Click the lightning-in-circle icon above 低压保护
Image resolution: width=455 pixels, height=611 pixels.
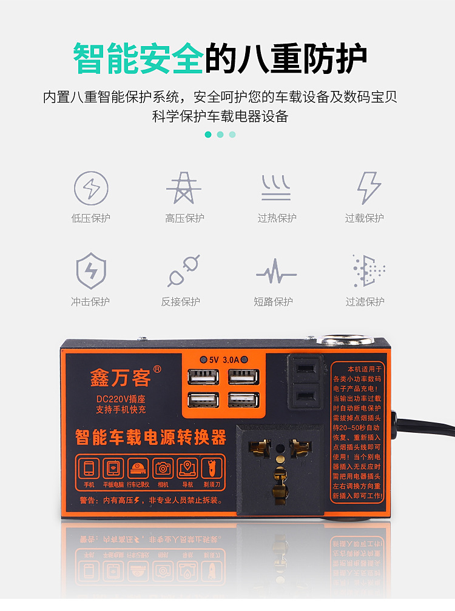point(91,189)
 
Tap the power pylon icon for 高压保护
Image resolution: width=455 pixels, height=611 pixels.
point(184,188)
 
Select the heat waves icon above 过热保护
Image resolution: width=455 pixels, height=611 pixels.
point(276,188)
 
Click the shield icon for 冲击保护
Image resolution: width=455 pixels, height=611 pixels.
point(91,270)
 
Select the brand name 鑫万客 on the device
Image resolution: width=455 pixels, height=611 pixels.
point(120,378)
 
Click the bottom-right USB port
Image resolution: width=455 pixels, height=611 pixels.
point(243,401)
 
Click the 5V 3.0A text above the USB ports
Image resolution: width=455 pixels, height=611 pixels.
point(224,359)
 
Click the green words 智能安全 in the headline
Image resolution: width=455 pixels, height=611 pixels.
point(138,58)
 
